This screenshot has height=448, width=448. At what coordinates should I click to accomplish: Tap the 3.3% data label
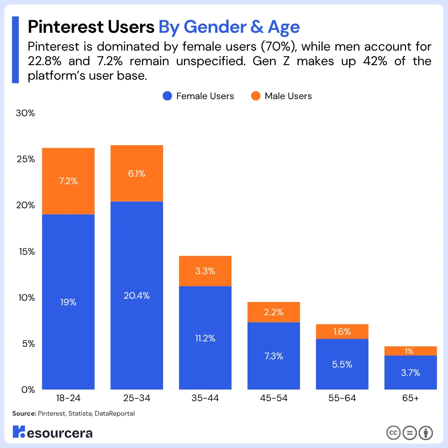(x=205, y=271)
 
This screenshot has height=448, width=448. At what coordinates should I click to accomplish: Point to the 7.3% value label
(x=273, y=356)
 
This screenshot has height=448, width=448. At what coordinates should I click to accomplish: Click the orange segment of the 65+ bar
(x=410, y=351)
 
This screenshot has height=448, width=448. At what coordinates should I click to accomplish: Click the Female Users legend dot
(x=168, y=96)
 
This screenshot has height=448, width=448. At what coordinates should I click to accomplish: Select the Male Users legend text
(x=288, y=96)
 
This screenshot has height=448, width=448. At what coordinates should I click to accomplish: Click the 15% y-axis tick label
(x=25, y=252)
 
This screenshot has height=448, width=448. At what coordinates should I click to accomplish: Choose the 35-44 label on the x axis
(x=205, y=399)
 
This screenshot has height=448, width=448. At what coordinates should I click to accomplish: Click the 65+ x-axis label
(x=410, y=399)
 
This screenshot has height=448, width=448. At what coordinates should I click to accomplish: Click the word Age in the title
(x=284, y=27)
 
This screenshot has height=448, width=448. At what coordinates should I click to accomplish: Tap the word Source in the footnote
(x=24, y=414)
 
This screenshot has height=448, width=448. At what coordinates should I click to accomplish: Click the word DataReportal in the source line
(x=115, y=414)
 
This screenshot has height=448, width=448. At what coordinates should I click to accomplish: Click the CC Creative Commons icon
(x=393, y=433)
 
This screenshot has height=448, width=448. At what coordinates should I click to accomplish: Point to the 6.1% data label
(x=136, y=174)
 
